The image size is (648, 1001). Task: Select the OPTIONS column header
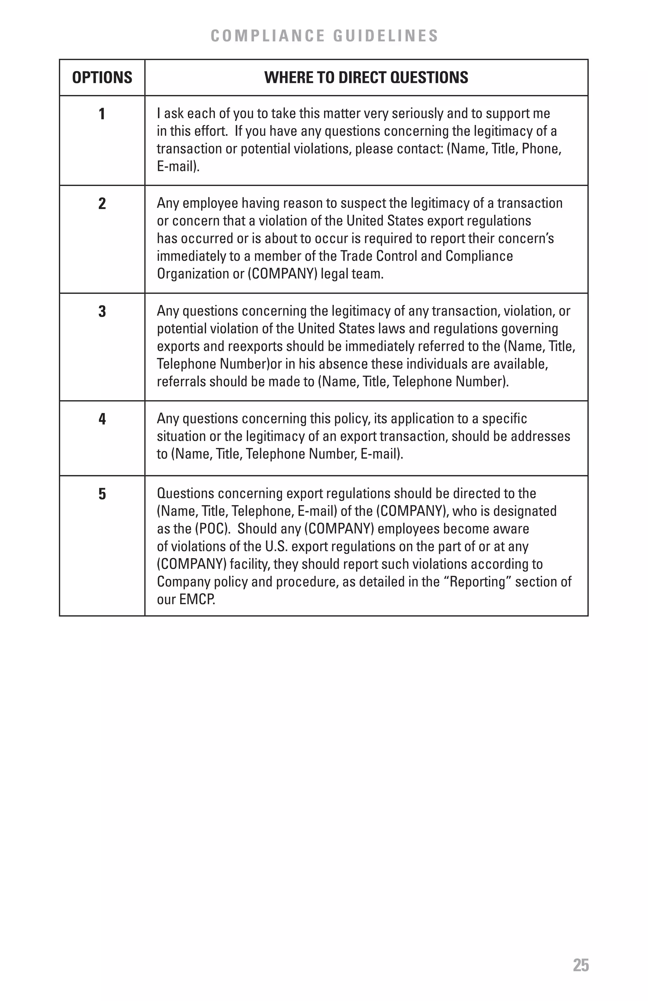point(102,78)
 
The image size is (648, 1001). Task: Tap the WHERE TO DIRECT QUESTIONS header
point(366,78)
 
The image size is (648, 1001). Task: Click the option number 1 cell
point(102,114)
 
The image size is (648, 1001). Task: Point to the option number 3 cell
point(102,312)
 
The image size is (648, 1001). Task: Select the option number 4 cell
point(102,419)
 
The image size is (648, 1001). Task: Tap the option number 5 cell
point(102,494)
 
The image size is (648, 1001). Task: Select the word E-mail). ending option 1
point(178,166)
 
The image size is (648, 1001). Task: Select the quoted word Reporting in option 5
point(478,582)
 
